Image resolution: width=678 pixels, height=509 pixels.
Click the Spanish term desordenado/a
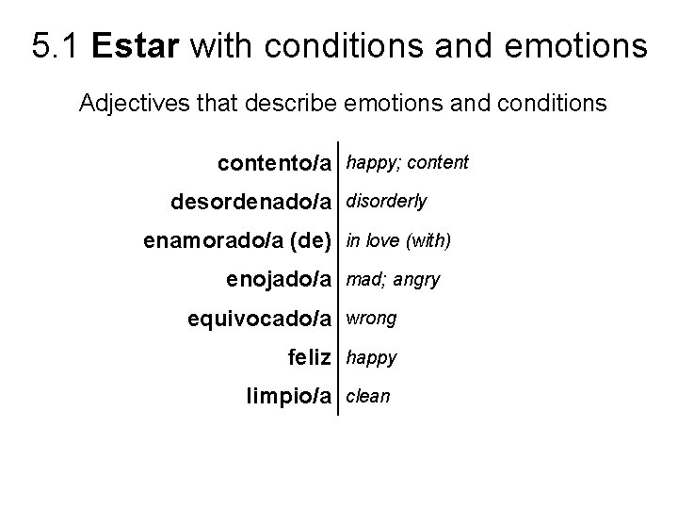(251, 202)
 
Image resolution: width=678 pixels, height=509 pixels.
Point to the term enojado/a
(280, 280)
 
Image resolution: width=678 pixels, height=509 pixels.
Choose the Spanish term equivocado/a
(260, 320)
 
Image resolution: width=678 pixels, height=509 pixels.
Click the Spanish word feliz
(310, 358)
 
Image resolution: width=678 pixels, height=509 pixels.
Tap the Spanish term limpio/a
(289, 397)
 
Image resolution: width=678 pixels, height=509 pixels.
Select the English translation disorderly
(387, 201)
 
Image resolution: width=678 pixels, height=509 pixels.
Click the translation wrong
(372, 319)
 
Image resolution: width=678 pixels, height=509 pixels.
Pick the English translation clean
(368, 397)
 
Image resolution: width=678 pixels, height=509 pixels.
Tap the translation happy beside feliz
(372, 358)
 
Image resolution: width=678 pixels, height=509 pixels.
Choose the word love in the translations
(382, 240)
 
